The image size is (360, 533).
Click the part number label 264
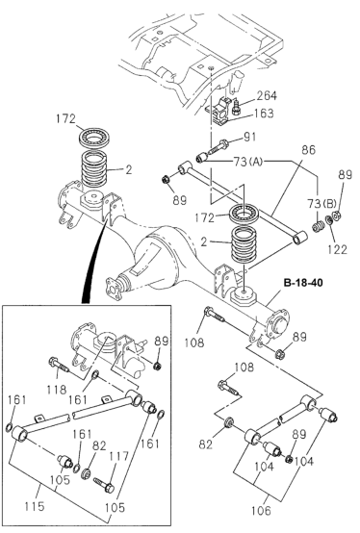tap(267, 96)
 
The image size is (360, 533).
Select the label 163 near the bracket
tap(263, 114)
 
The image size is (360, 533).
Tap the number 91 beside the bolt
tap(249, 137)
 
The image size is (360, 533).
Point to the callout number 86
tap(308, 150)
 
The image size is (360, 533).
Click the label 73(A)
tap(248, 162)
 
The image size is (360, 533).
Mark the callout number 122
tap(337, 249)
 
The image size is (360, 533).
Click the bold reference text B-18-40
tap(303, 283)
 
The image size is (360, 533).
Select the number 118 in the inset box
tap(57, 390)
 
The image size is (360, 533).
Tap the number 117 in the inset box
tap(118, 456)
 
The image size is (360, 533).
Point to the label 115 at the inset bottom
tap(35, 506)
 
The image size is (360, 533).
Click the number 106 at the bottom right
tap(262, 510)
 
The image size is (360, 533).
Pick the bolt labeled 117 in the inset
tap(104, 485)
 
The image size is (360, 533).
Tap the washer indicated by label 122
tap(329, 219)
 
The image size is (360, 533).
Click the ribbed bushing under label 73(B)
tap(318, 227)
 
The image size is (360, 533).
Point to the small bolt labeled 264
tap(236, 107)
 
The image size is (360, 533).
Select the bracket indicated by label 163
tap(219, 111)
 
